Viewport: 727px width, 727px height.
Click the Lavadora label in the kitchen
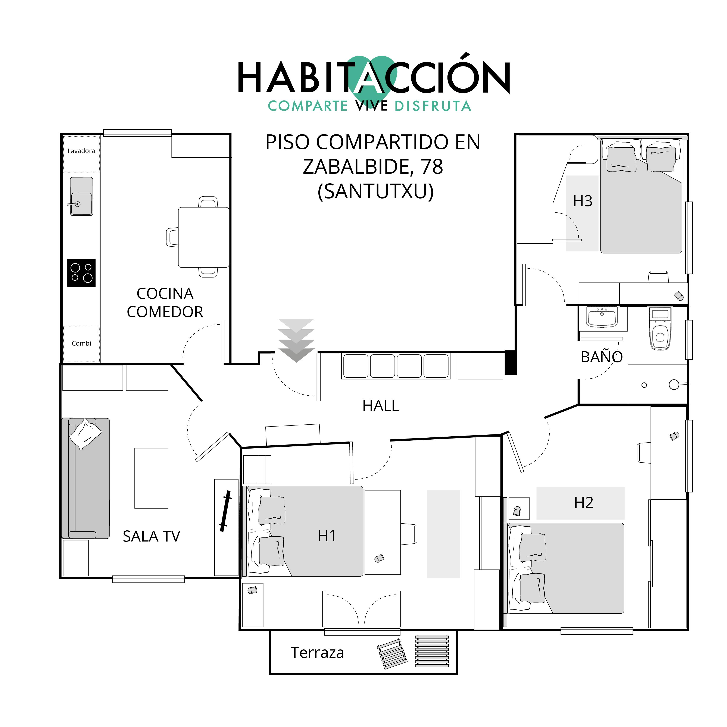pos(81,151)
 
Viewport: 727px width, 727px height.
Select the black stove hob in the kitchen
pos(81,273)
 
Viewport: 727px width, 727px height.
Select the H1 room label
pos(327,536)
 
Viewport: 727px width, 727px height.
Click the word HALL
pos(380,406)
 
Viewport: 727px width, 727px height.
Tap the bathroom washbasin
pos(602,317)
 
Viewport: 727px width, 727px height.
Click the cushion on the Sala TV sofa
pos(85,434)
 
